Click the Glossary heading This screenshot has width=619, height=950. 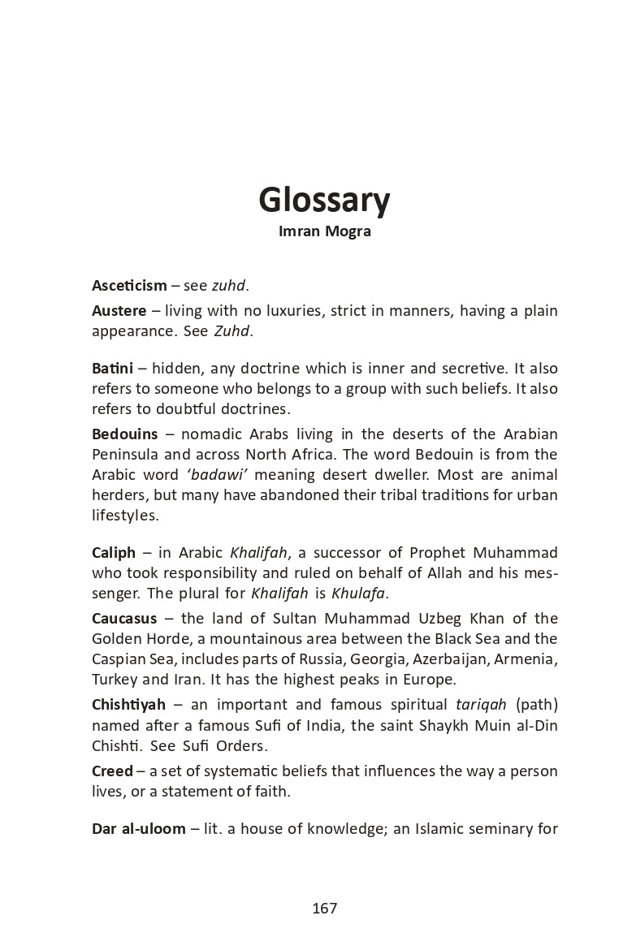click(x=324, y=200)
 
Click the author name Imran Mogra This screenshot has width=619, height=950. click(x=324, y=231)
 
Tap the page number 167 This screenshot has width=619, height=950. click(x=324, y=909)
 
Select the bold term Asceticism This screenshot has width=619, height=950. click(x=129, y=285)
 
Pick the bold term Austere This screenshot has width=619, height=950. click(x=119, y=311)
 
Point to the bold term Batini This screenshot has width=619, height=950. click(x=112, y=369)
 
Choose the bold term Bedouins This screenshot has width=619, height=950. click(x=125, y=434)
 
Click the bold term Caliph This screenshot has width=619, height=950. click(x=114, y=553)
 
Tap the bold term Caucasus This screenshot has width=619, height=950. click(x=124, y=619)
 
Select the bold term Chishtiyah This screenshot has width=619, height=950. click(x=128, y=705)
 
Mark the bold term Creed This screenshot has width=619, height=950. click(x=112, y=771)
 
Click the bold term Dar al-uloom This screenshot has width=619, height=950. click(x=139, y=829)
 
